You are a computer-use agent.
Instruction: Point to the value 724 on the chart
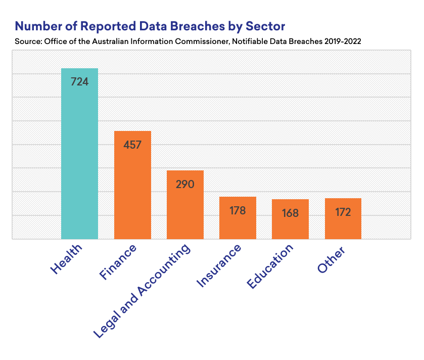79,81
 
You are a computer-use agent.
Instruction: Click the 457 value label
132,145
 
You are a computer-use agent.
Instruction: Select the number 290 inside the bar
185,184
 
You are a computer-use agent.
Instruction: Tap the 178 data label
238,210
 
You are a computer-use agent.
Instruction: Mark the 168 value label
290,213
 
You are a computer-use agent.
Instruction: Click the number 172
343,212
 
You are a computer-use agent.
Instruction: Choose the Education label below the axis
270,267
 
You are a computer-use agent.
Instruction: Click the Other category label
332,260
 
